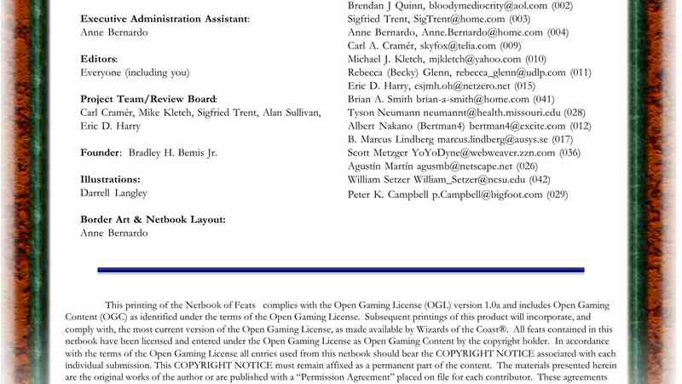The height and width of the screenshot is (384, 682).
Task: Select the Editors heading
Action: click(99, 59)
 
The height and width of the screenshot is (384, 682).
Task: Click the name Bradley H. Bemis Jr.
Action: click(182, 153)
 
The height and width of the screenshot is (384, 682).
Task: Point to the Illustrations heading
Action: click(110, 179)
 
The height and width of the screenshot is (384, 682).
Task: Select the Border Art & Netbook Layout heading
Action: click(153, 219)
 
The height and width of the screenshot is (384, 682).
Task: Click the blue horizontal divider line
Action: click(341, 270)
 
